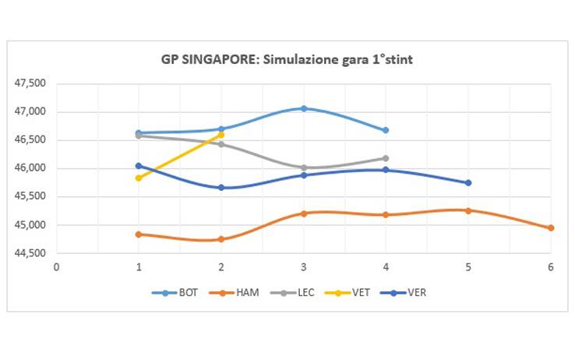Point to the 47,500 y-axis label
click(31, 83)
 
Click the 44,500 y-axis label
click(31, 253)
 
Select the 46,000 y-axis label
click(31, 168)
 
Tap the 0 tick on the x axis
click(56, 266)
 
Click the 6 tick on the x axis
click(550, 266)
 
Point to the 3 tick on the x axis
click(303, 266)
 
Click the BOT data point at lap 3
click(303, 108)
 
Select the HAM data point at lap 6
click(550, 228)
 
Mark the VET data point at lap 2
click(221, 135)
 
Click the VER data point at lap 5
click(468, 182)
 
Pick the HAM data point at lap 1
click(139, 234)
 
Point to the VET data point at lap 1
click(139, 178)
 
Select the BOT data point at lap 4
click(386, 130)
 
